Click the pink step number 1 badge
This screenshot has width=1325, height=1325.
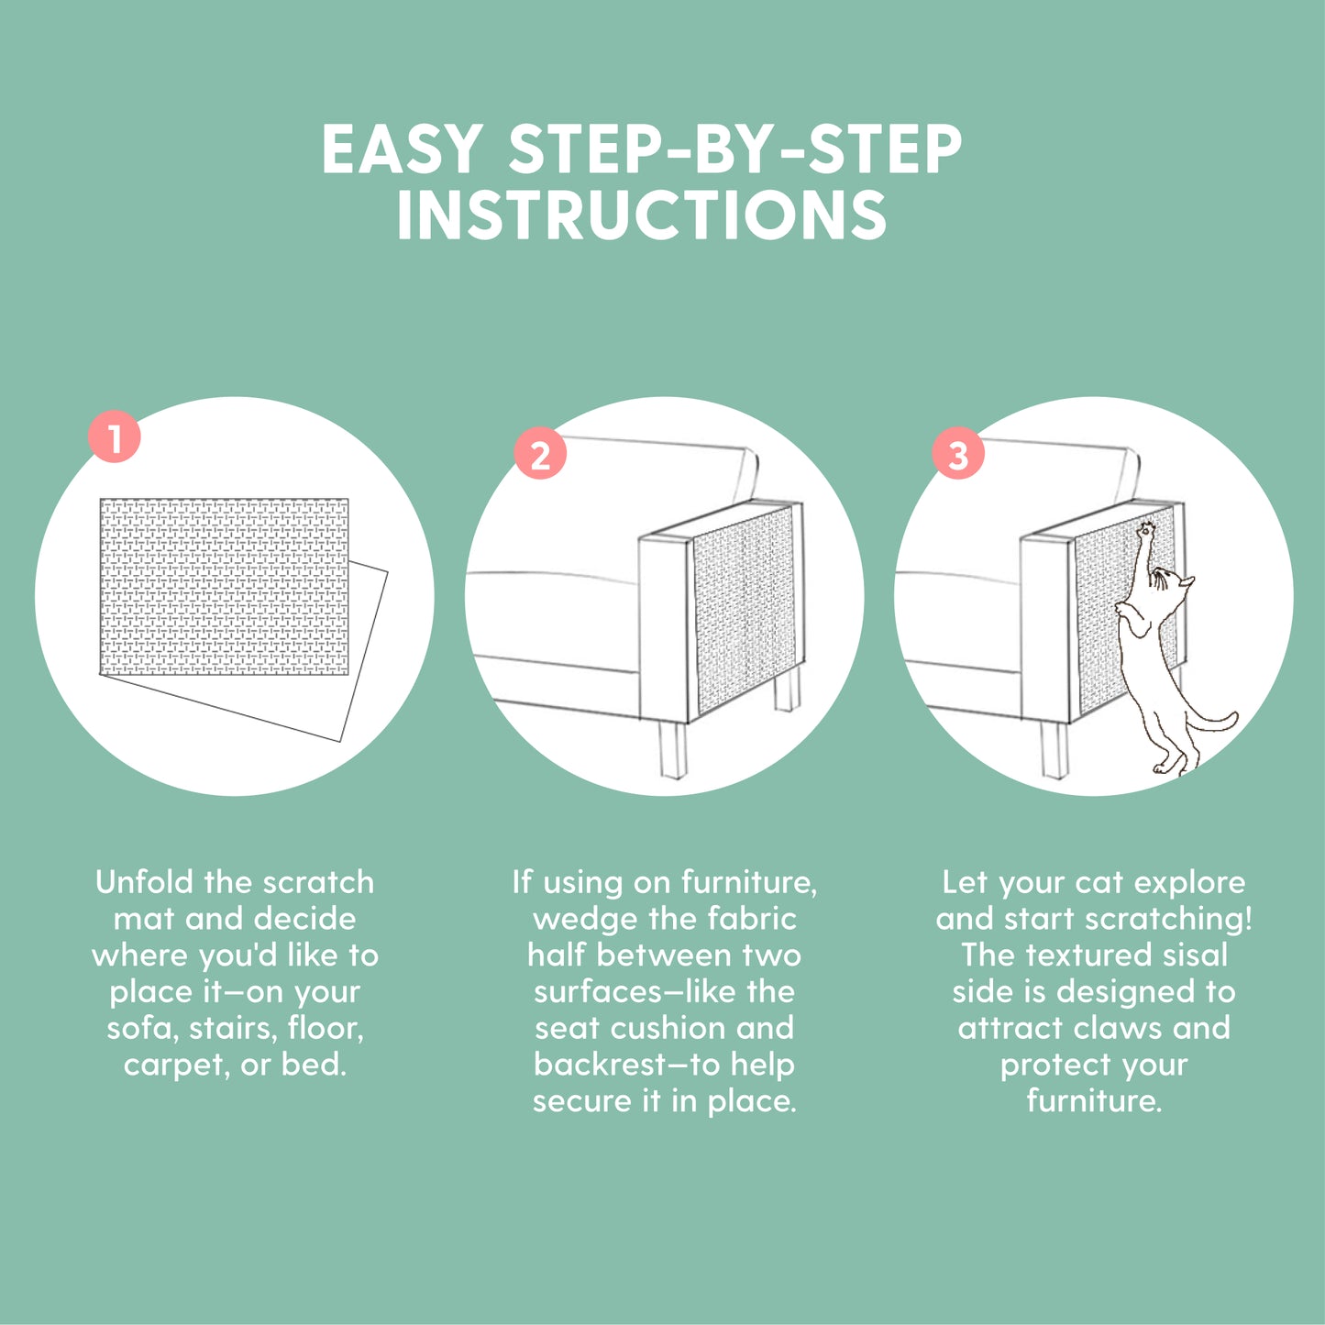114,436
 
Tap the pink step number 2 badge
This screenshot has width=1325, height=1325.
540,453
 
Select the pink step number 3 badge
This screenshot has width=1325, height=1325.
958,454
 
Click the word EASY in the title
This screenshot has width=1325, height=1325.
402,149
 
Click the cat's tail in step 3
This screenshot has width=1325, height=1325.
1211,723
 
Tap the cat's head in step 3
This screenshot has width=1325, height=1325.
1175,587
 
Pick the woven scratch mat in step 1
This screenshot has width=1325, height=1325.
224,587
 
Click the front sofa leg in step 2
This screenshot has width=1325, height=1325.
672,749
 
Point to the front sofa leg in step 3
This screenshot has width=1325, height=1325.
1054,749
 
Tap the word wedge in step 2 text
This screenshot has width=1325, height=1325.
577,920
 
